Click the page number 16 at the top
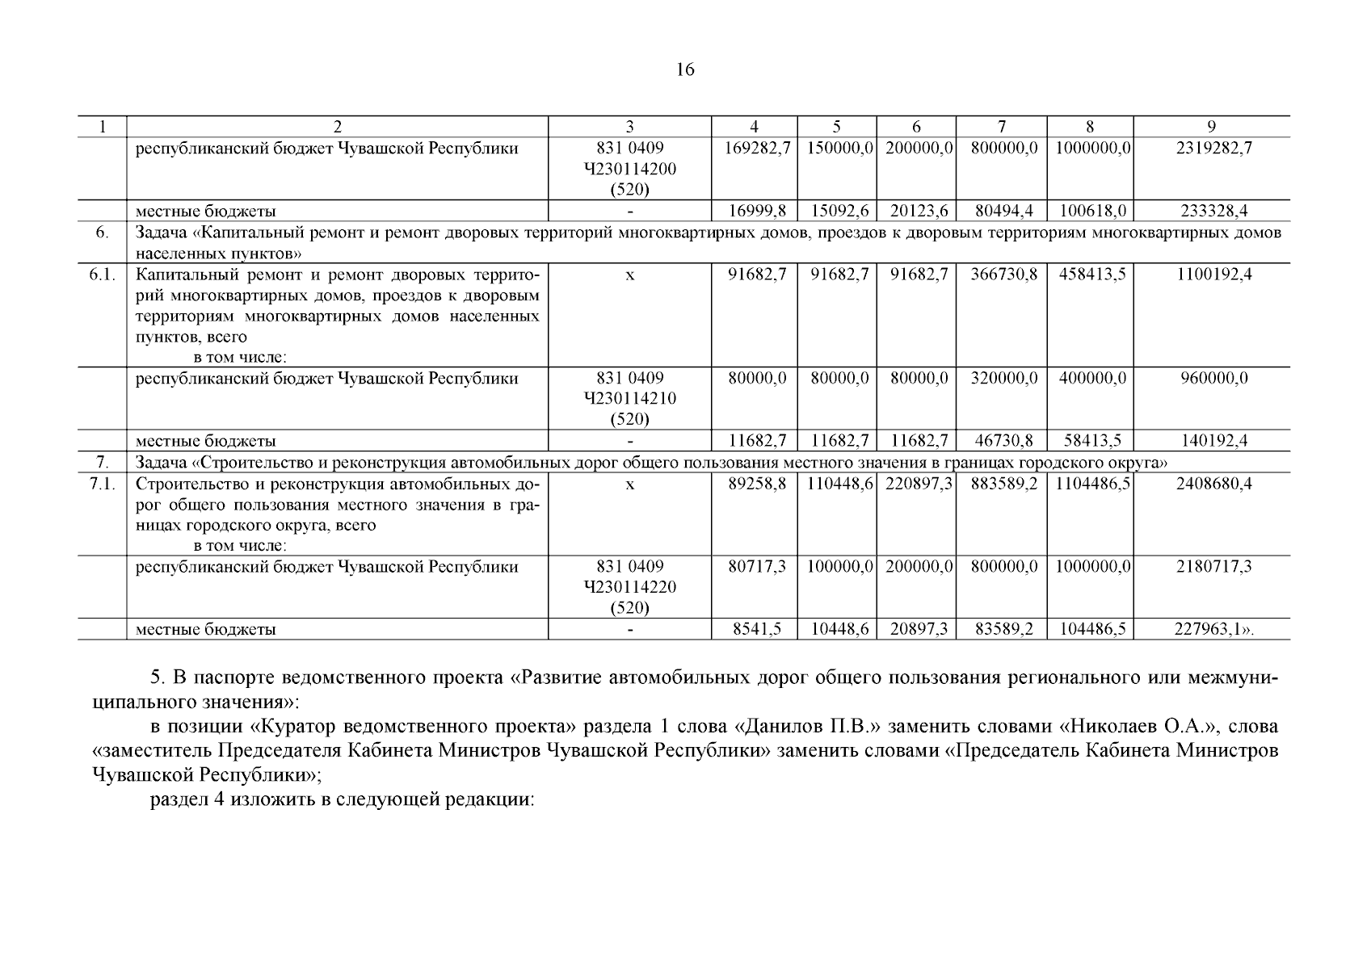pyautogui.click(x=684, y=69)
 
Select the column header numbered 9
pyautogui.click(x=1211, y=126)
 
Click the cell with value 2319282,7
pyautogui.click(x=1211, y=149)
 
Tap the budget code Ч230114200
pyautogui.click(x=629, y=169)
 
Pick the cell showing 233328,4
pyautogui.click(x=1211, y=211)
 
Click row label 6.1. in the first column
pyautogui.click(x=103, y=274)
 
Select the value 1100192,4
pyautogui.click(x=1211, y=274)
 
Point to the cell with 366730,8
pyautogui.click(x=1003, y=274)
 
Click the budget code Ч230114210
pyautogui.click(x=629, y=399)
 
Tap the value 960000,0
pyautogui.click(x=1211, y=378)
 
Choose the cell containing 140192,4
pyautogui.click(x=1211, y=441)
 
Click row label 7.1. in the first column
pyautogui.click(x=103, y=484)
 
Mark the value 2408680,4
pyautogui.click(x=1211, y=484)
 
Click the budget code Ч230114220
pyautogui.click(x=629, y=587)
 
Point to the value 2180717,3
pyautogui.click(x=1211, y=567)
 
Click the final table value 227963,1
pyautogui.click(x=1208, y=629)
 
